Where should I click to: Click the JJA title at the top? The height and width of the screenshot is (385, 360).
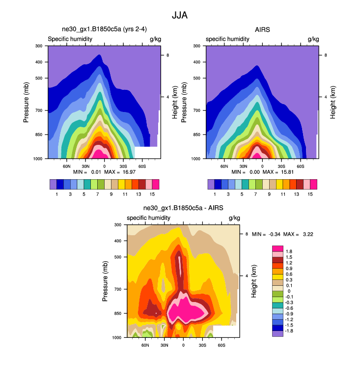(180, 15)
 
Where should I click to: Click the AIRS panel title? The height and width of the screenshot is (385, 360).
(262, 29)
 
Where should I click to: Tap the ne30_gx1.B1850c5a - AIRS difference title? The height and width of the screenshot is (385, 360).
(183, 208)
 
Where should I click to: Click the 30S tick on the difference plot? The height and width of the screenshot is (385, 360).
(202, 346)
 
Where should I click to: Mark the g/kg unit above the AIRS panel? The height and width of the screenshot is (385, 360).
(313, 39)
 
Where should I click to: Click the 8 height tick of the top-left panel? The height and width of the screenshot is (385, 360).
(168, 55)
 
